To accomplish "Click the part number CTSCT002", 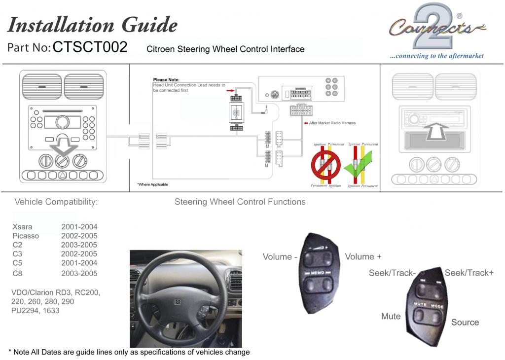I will pos(90,47).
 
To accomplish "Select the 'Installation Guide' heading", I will pos(92,24).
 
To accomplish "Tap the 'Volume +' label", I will pos(363,256).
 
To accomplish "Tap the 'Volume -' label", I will pos(280,257).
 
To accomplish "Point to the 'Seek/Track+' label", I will pos(469,273).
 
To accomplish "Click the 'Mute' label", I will pos(391,316).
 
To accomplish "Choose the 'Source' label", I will pos(465,322).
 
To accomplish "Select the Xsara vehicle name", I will pos(22,227).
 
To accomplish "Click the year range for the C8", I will pos(79,273).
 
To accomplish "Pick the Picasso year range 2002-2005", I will pos(79,236).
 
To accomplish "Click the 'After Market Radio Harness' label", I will pos(332,123).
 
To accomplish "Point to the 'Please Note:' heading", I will pos(166,79).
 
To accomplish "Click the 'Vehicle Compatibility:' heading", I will pos(56,202).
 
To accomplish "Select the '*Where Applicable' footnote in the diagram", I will pos(152,184).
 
